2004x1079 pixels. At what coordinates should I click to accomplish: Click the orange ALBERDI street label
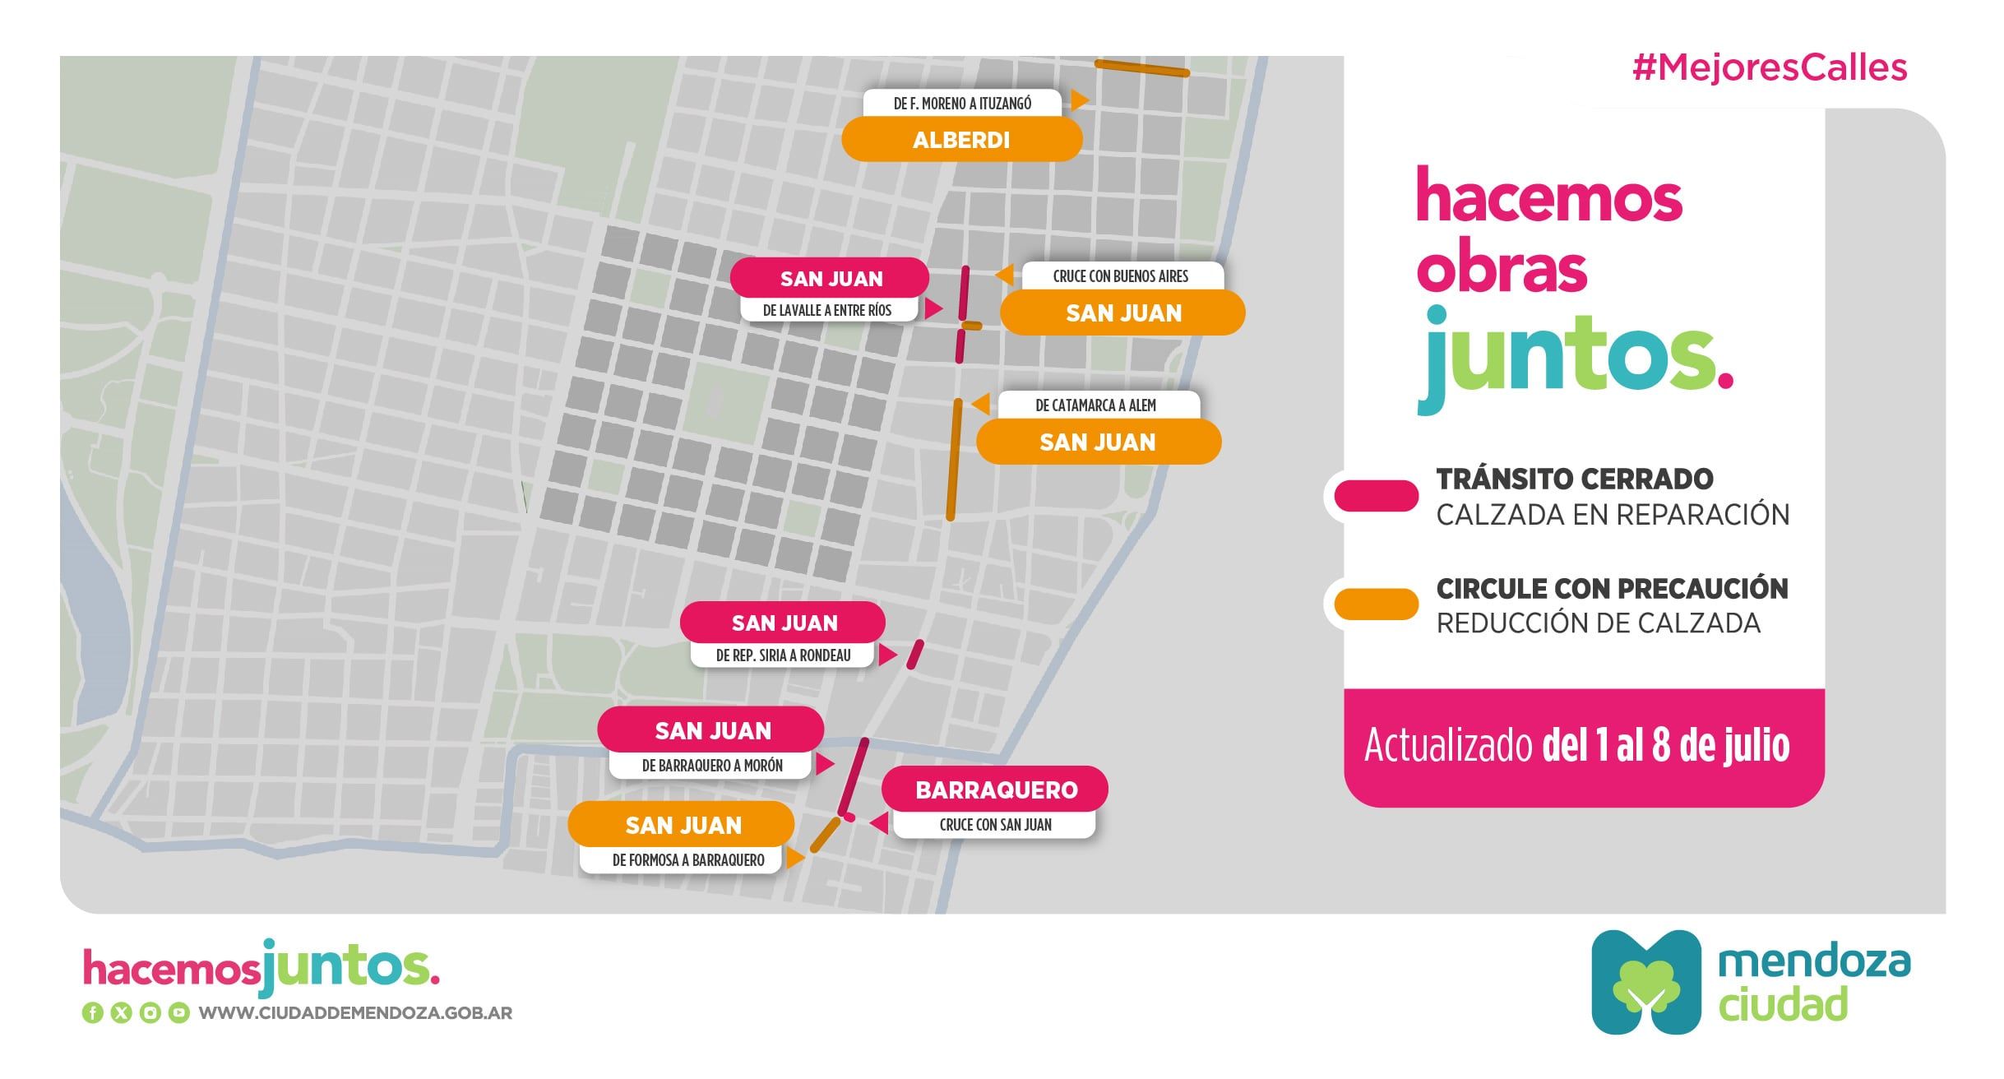pos(960,139)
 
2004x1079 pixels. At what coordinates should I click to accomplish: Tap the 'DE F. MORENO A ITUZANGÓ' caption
pos(961,103)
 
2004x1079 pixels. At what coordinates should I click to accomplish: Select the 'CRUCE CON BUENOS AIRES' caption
pos(1120,276)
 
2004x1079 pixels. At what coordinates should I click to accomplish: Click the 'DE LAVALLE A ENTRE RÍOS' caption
pos(826,310)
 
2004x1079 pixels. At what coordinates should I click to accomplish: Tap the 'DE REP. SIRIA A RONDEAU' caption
pos(783,655)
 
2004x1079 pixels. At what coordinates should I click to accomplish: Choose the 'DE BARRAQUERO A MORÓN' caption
pos(711,766)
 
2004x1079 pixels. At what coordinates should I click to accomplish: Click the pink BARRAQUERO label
pos(995,790)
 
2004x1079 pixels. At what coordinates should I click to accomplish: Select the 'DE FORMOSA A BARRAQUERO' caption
pos(687,860)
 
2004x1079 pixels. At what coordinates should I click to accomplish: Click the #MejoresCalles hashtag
pos(1769,67)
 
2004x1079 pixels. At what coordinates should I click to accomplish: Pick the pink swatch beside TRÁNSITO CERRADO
pos(1375,496)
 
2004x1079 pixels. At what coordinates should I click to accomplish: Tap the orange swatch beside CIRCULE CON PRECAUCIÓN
pos(1375,604)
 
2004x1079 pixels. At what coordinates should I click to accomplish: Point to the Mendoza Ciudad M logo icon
pos(1645,982)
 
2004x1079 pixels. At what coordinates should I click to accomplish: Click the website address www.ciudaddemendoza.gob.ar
pos(355,1013)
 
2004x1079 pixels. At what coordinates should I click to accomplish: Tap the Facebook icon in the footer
pos(92,1013)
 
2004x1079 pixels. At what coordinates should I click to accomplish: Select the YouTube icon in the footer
pos(178,1013)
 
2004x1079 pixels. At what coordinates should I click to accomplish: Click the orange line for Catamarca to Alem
pos(954,461)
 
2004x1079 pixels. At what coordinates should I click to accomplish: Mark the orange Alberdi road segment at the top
pos(1141,68)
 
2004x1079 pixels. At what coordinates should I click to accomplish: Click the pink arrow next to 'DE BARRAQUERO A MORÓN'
pos(824,764)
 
